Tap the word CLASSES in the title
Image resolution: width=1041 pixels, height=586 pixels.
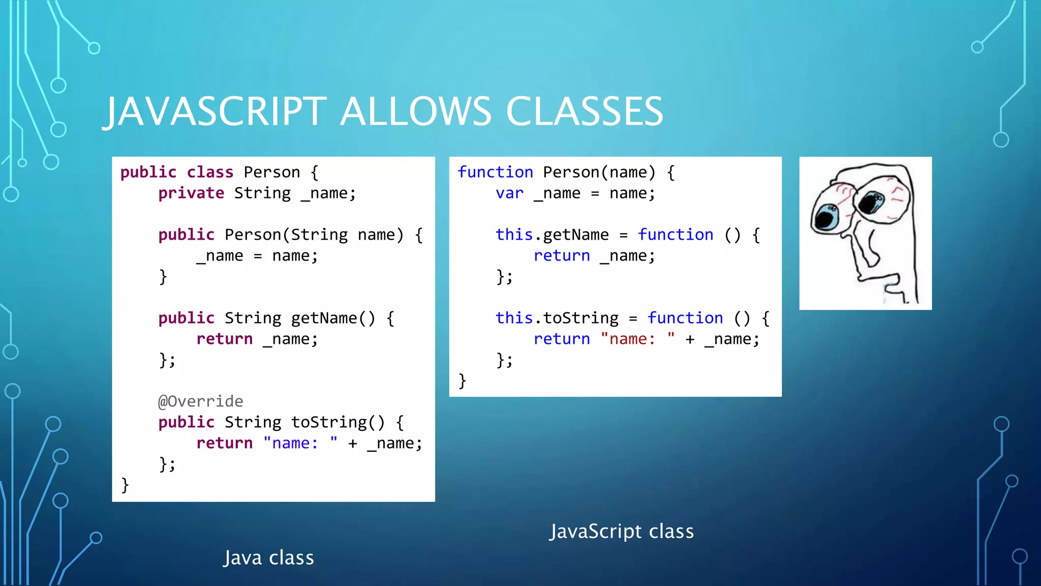(584, 111)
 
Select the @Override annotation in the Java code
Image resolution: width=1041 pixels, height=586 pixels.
(200, 401)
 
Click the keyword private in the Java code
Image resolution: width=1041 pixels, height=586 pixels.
(191, 193)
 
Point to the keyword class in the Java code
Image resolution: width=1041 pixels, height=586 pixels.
(210, 172)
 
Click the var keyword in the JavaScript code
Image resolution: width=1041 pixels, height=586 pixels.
(509, 193)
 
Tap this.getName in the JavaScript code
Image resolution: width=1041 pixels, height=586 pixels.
(552, 235)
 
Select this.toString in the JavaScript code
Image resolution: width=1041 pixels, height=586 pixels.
(557, 318)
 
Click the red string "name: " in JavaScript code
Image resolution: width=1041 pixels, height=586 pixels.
(638, 339)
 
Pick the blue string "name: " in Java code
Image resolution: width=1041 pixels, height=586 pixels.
(300, 443)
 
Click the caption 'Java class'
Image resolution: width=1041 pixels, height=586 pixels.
(269, 558)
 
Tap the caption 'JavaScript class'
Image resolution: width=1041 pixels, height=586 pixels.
(622, 532)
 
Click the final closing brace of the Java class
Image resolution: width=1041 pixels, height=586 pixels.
(125, 485)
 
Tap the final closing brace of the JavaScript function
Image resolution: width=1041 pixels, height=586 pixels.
(462, 381)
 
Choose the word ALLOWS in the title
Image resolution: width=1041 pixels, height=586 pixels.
(416, 111)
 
